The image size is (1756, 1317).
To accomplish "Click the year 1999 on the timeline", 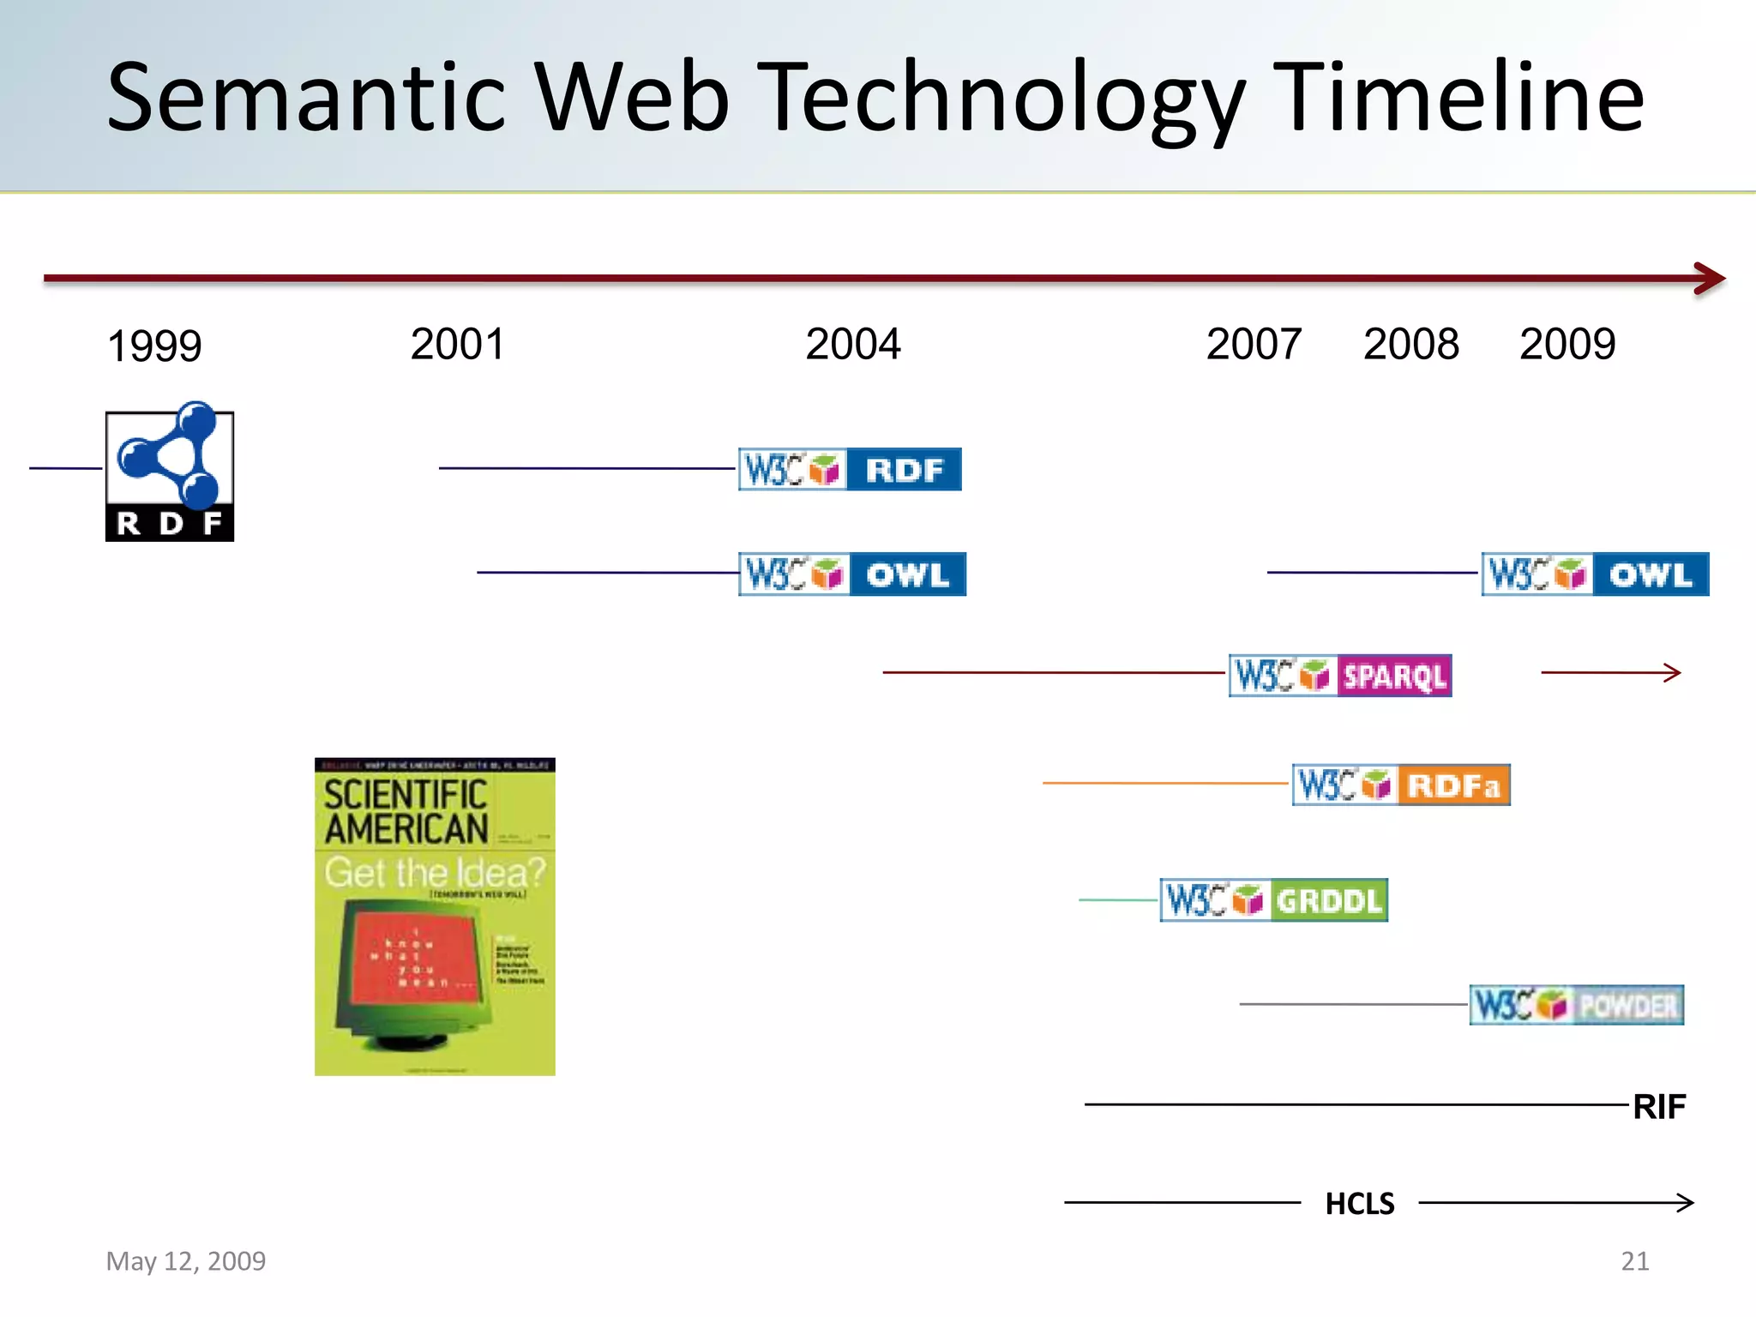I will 154,346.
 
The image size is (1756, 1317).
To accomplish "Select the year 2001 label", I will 457,344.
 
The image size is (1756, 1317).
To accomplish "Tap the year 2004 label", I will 853,344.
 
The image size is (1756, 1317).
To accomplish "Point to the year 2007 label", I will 1254,344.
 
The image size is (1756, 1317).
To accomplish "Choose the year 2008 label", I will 1410,344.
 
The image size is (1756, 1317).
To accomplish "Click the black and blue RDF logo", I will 170,472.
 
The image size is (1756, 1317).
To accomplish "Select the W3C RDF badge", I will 850,469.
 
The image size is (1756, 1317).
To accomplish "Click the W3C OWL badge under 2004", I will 852,574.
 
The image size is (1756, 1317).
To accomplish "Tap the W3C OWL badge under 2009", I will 1595,574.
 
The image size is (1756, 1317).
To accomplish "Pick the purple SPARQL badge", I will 1340,676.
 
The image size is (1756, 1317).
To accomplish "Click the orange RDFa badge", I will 1401,785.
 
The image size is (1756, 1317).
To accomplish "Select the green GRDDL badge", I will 1273,900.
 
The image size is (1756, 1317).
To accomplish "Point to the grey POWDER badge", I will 1576,1005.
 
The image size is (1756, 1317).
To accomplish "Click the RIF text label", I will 1659,1107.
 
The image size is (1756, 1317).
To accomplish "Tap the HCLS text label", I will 1360,1204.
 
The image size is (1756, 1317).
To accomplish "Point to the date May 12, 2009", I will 186,1261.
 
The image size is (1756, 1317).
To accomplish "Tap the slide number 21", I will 1634,1261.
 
